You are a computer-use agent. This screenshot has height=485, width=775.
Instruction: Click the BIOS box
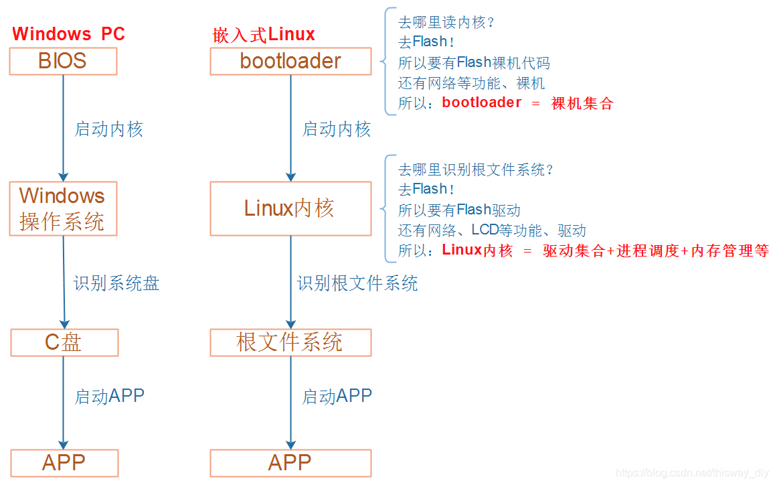pos(63,61)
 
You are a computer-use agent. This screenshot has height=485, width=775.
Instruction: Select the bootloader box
pos(290,61)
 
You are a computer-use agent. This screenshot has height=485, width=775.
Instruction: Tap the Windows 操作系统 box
pos(63,208)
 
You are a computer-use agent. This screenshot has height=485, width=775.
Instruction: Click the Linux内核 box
pos(290,208)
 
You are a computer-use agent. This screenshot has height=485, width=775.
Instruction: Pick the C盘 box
pos(64,342)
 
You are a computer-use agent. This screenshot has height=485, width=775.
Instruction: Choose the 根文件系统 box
pos(290,342)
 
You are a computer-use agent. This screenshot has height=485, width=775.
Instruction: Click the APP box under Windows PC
pos(64,463)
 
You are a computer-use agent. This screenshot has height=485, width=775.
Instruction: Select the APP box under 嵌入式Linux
pos(290,463)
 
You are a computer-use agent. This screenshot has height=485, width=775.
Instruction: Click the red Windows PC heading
pos(68,33)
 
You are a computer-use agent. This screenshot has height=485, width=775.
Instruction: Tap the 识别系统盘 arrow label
pos(116,283)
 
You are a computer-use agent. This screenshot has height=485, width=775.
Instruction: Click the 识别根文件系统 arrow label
pos(357,283)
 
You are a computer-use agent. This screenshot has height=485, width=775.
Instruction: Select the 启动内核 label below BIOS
pos(109,129)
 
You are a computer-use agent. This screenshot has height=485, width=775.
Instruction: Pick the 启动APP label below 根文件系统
pos(337,396)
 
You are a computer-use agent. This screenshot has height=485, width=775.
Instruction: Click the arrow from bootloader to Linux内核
pos(290,127)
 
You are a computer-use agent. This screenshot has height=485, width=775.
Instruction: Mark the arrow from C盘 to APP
pos(64,402)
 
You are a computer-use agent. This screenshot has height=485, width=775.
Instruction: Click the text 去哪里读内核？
pos(446,22)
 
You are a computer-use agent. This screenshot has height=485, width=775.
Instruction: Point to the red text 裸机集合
pos(582,103)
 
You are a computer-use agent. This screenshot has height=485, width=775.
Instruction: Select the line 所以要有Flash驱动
pos(459,210)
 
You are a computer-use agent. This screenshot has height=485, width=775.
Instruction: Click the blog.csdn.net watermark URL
pos(692,473)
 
